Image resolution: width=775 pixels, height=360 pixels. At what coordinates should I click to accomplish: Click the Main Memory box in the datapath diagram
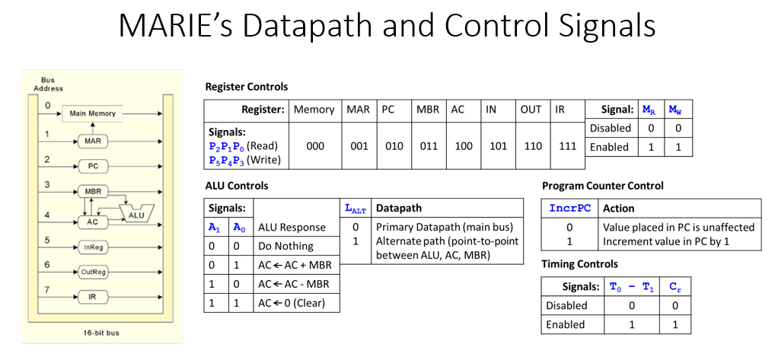tap(92, 113)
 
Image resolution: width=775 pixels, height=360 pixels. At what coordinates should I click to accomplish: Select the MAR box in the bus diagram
tap(92, 142)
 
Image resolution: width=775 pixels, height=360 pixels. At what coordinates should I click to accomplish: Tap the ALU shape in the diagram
tap(137, 213)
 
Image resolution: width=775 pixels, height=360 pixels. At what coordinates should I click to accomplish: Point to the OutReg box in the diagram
tap(92, 271)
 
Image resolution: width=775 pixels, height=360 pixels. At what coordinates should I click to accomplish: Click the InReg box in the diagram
tap(92, 247)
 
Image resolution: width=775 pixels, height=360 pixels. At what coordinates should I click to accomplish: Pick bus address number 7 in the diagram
tap(47, 290)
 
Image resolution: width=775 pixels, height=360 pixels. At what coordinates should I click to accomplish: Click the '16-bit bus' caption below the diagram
tap(100, 333)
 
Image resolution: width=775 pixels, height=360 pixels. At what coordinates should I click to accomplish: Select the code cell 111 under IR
tap(567, 146)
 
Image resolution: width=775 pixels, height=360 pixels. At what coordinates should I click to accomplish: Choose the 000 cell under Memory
tap(315, 146)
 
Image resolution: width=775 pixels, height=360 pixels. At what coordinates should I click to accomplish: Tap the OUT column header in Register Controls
tap(531, 110)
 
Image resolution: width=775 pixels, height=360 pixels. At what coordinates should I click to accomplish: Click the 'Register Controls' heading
tap(246, 87)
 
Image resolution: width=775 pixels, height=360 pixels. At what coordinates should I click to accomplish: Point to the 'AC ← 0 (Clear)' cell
tap(292, 303)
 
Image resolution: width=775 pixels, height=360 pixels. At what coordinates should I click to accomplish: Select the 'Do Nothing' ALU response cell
tap(285, 246)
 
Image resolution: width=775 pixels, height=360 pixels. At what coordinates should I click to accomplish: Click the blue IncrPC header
tap(570, 208)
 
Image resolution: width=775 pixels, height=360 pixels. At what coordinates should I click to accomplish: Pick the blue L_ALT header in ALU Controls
tap(355, 209)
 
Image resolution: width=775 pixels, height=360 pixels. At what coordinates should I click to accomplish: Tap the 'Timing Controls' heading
tap(579, 263)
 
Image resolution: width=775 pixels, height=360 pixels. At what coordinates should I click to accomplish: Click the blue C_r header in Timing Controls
tap(675, 287)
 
